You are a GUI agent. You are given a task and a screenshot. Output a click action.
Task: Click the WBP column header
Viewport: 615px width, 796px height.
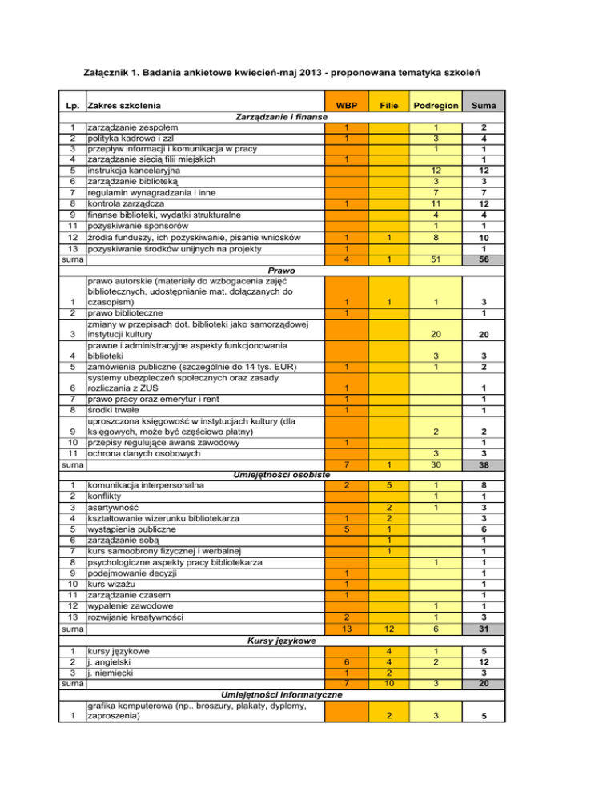[347, 105]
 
